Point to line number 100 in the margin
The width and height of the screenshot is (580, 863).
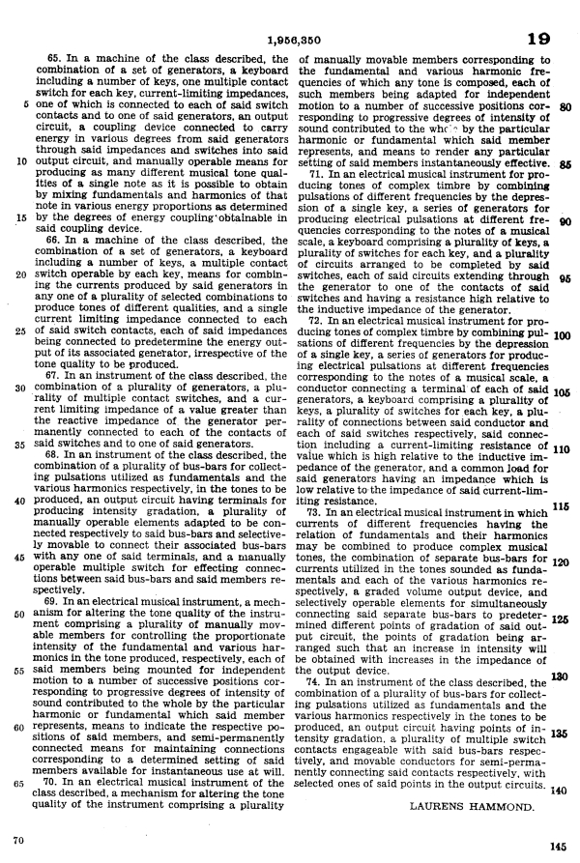coord(565,337)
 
